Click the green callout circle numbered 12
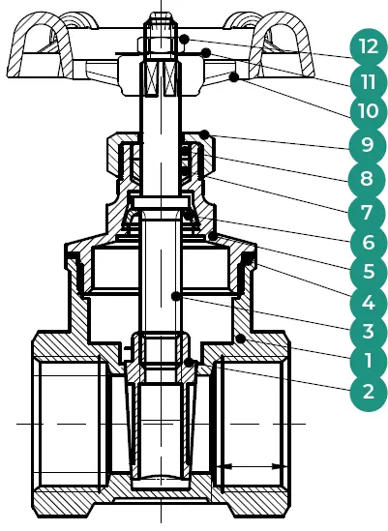pyautogui.click(x=368, y=46)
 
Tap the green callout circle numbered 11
pyautogui.click(x=368, y=82)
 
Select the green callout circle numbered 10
pyautogui.click(x=368, y=111)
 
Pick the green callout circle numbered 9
pyautogui.click(x=368, y=146)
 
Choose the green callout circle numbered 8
pyautogui.click(x=367, y=179)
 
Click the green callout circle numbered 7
pyautogui.click(x=367, y=213)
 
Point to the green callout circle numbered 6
pyautogui.click(x=368, y=243)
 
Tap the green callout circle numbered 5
pyautogui.click(x=368, y=272)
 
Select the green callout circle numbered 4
pyautogui.click(x=368, y=302)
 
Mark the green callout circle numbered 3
pyautogui.click(x=368, y=331)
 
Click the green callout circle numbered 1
pyautogui.click(x=368, y=361)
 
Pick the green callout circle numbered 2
pyautogui.click(x=368, y=392)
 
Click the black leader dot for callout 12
pyautogui.click(x=184, y=40)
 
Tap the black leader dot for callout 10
pyautogui.click(x=233, y=77)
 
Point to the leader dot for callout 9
pyautogui.click(x=204, y=134)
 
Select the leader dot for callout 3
pyautogui.click(x=175, y=297)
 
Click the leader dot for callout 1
pyautogui.click(x=241, y=339)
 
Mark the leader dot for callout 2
pyautogui.click(x=189, y=363)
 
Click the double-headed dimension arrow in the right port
pyautogui.click(x=251, y=467)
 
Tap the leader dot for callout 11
pyautogui.click(x=206, y=52)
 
